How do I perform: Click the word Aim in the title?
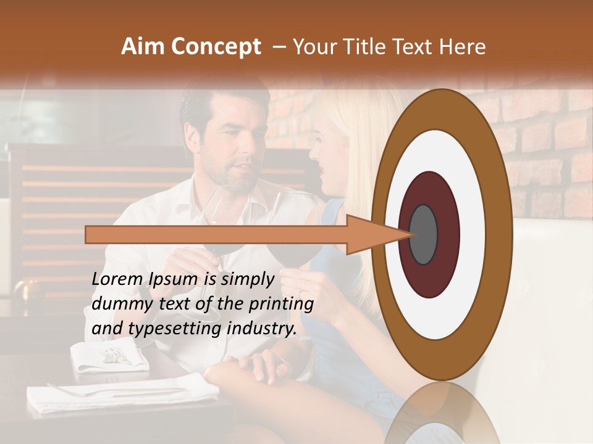point(143,47)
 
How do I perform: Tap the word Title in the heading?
point(371,47)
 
